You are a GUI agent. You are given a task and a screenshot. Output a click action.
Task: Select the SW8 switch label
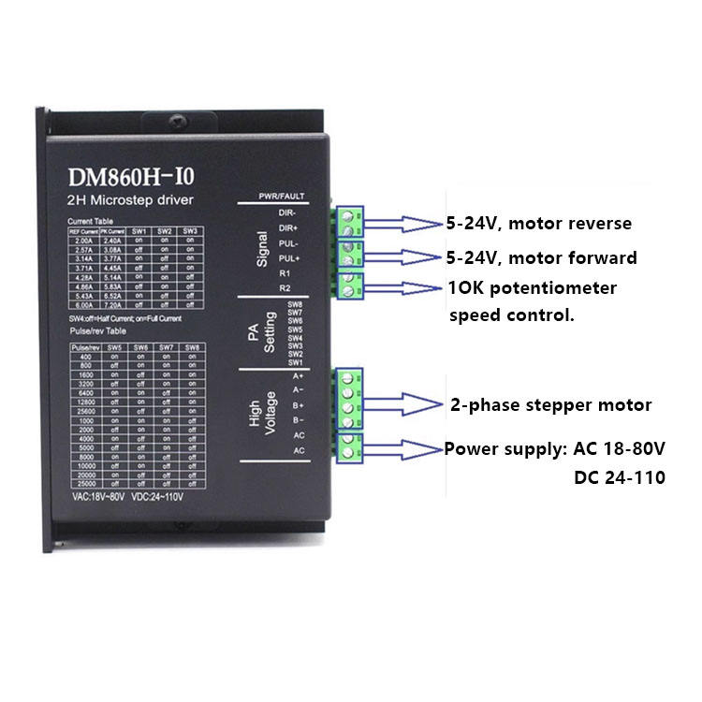click(295, 305)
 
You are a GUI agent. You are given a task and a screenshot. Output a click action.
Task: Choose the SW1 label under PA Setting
click(295, 362)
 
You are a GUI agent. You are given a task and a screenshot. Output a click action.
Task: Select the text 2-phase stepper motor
click(550, 405)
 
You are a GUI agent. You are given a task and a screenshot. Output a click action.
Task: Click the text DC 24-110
click(619, 477)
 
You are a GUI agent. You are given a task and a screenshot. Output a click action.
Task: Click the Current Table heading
click(90, 222)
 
